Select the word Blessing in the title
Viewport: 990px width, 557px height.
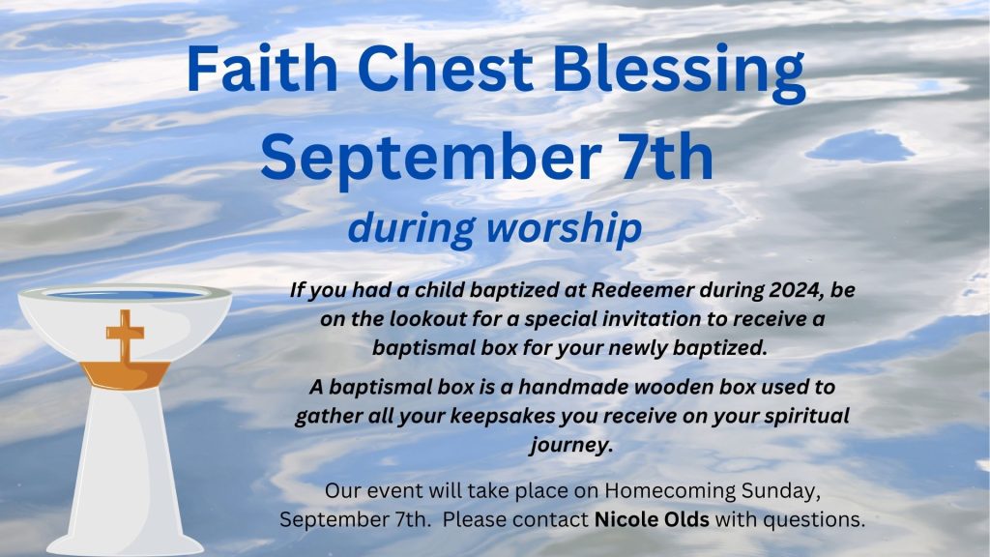click(x=679, y=73)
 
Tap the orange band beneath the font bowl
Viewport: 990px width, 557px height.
click(x=125, y=375)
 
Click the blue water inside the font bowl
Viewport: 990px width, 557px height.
click(x=126, y=294)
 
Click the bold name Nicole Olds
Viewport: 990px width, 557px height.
click(x=652, y=519)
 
